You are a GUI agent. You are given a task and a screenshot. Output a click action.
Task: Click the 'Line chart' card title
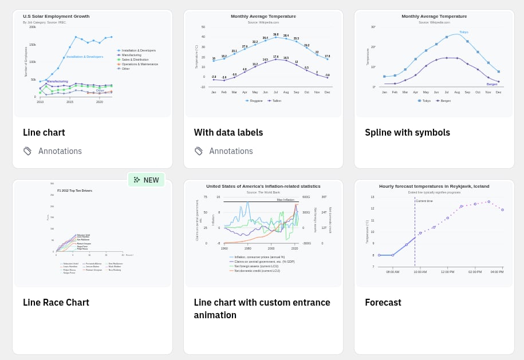(x=44, y=133)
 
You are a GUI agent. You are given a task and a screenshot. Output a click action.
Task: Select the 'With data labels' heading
(x=228, y=133)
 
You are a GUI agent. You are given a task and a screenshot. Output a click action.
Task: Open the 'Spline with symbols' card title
(x=407, y=133)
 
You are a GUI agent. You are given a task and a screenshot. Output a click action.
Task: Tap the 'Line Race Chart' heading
(x=56, y=302)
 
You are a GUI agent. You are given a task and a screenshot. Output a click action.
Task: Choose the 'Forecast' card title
(x=383, y=302)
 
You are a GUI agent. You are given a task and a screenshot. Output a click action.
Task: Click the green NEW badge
(x=146, y=180)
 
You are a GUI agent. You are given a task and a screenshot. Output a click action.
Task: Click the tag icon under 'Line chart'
(x=27, y=151)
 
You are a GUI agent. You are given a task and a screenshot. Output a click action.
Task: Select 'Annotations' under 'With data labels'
(x=231, y=151)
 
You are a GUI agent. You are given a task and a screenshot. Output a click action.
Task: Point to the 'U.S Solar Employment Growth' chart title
(x=56, y=17)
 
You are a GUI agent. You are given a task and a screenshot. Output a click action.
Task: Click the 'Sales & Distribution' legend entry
(x=135, y=60)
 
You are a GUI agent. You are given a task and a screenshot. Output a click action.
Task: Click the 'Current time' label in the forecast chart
(x=424, y=201)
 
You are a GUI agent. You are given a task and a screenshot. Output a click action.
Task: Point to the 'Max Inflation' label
(x=285, y=200)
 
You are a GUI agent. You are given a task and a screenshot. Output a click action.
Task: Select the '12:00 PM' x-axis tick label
(x=447, y=272)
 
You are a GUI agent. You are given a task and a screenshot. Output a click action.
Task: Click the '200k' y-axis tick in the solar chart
(x=33, y=27)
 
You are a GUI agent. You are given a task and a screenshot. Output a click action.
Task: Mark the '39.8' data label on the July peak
(x=275, y=34)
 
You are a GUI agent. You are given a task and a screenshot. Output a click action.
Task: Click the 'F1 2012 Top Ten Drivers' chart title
(x=74, y=191)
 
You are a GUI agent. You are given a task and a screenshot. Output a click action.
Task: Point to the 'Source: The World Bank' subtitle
(x=263, y=192)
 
